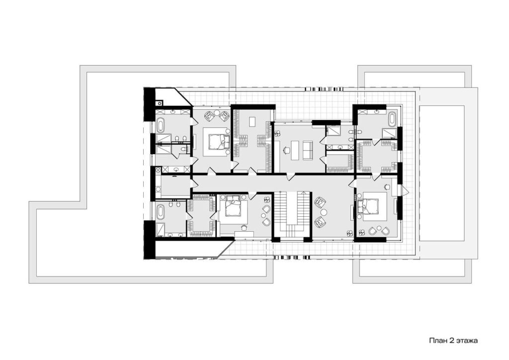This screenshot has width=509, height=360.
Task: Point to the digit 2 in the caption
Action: click(451, 341)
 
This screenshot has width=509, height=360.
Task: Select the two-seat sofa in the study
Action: click(307, 150)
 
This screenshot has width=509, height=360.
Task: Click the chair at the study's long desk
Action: click(286, 150)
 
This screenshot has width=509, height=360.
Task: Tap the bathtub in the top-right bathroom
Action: click(392, 119)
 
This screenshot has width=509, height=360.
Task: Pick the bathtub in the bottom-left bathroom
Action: click(161, 212)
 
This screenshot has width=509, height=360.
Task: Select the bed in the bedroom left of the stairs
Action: click(233, 206)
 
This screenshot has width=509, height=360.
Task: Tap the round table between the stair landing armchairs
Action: click(324, 212)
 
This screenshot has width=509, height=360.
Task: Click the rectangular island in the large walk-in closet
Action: click(253, 121)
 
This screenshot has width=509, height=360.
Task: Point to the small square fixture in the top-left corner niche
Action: click(159, 103)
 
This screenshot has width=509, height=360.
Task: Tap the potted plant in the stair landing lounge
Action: click(349, 232)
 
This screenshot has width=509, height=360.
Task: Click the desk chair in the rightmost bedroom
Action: click(387, 186)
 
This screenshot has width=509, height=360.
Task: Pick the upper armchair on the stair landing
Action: click(320, 202)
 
